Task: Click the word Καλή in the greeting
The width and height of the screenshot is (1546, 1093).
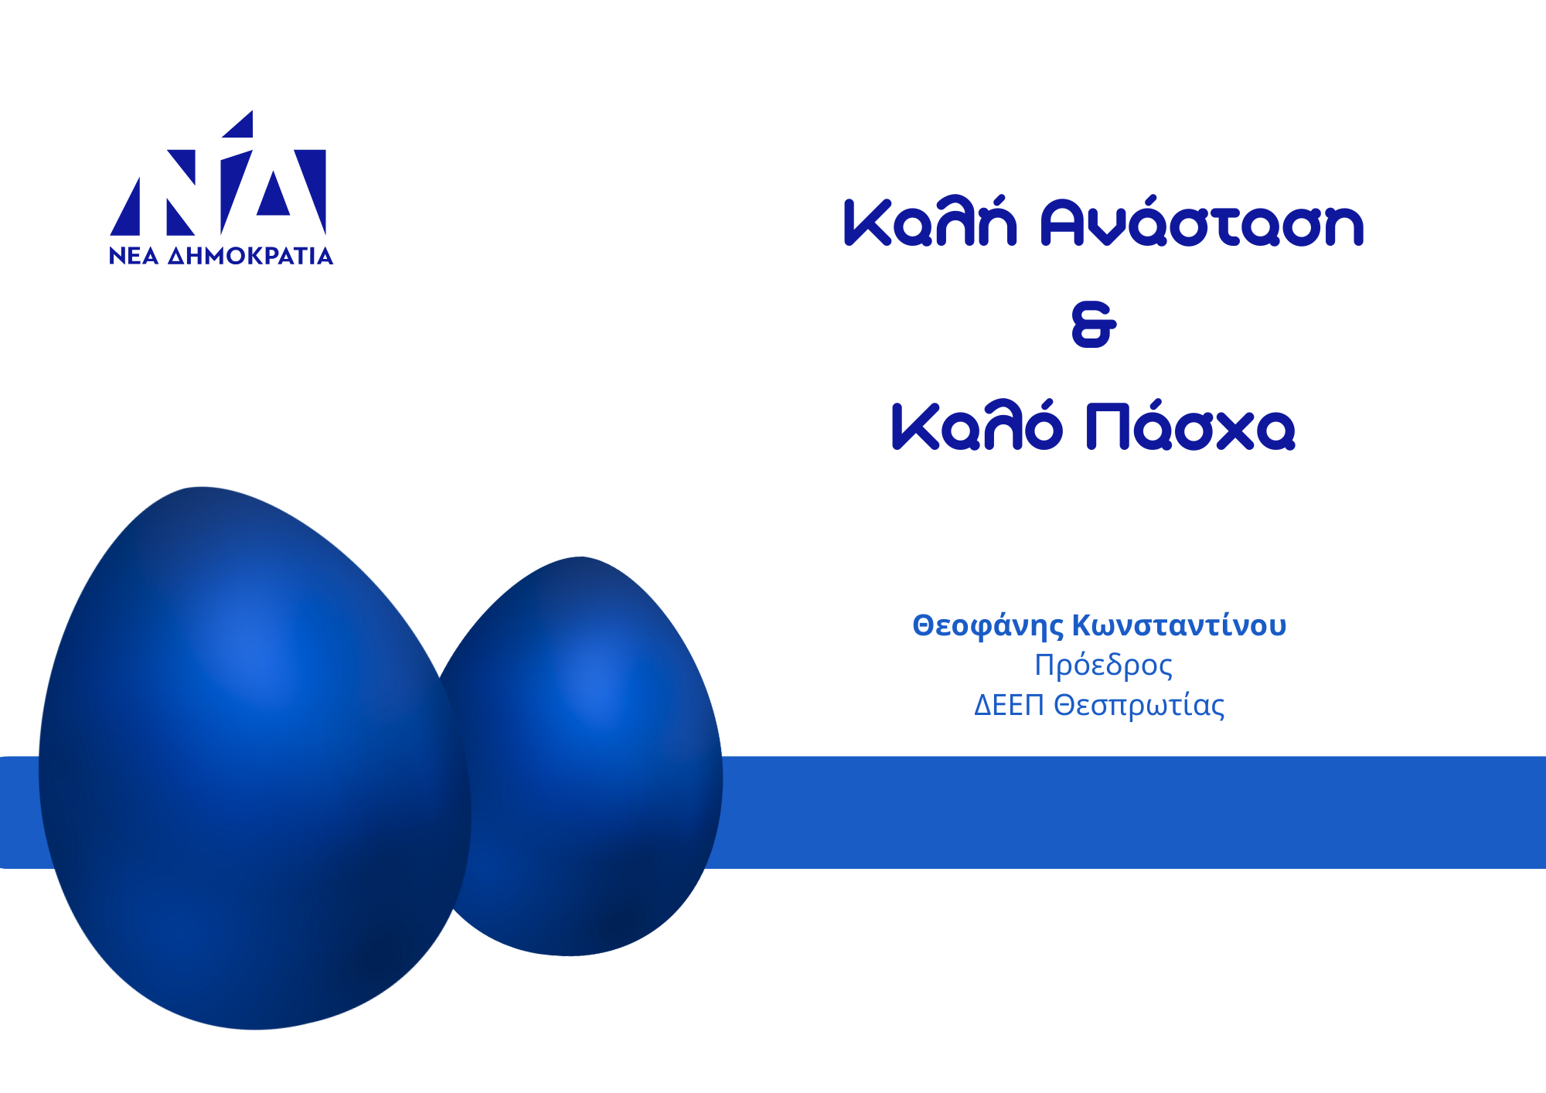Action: (930, 222)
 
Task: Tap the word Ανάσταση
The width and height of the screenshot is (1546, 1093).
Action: (1202, 222)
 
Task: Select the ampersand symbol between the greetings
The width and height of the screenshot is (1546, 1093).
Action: (1094, 325)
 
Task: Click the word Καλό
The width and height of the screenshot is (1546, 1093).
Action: (977, 424)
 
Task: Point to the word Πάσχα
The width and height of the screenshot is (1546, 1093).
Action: (1190, 424)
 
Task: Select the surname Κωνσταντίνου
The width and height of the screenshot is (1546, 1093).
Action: (1180, 625)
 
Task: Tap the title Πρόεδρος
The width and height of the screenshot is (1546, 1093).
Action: (1103, 666)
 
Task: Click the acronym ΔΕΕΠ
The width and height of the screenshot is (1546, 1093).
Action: (1009, 705)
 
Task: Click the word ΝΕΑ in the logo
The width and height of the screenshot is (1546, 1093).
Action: (134, 256)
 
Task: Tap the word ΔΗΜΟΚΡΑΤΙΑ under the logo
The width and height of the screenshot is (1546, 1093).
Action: (250, 256)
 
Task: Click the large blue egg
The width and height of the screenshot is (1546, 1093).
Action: (255, 758)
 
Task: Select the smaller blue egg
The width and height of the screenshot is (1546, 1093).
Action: (587, 758)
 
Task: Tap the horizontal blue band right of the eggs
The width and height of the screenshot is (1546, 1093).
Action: (1129, 812)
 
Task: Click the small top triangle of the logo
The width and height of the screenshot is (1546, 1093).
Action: (242, 127)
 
